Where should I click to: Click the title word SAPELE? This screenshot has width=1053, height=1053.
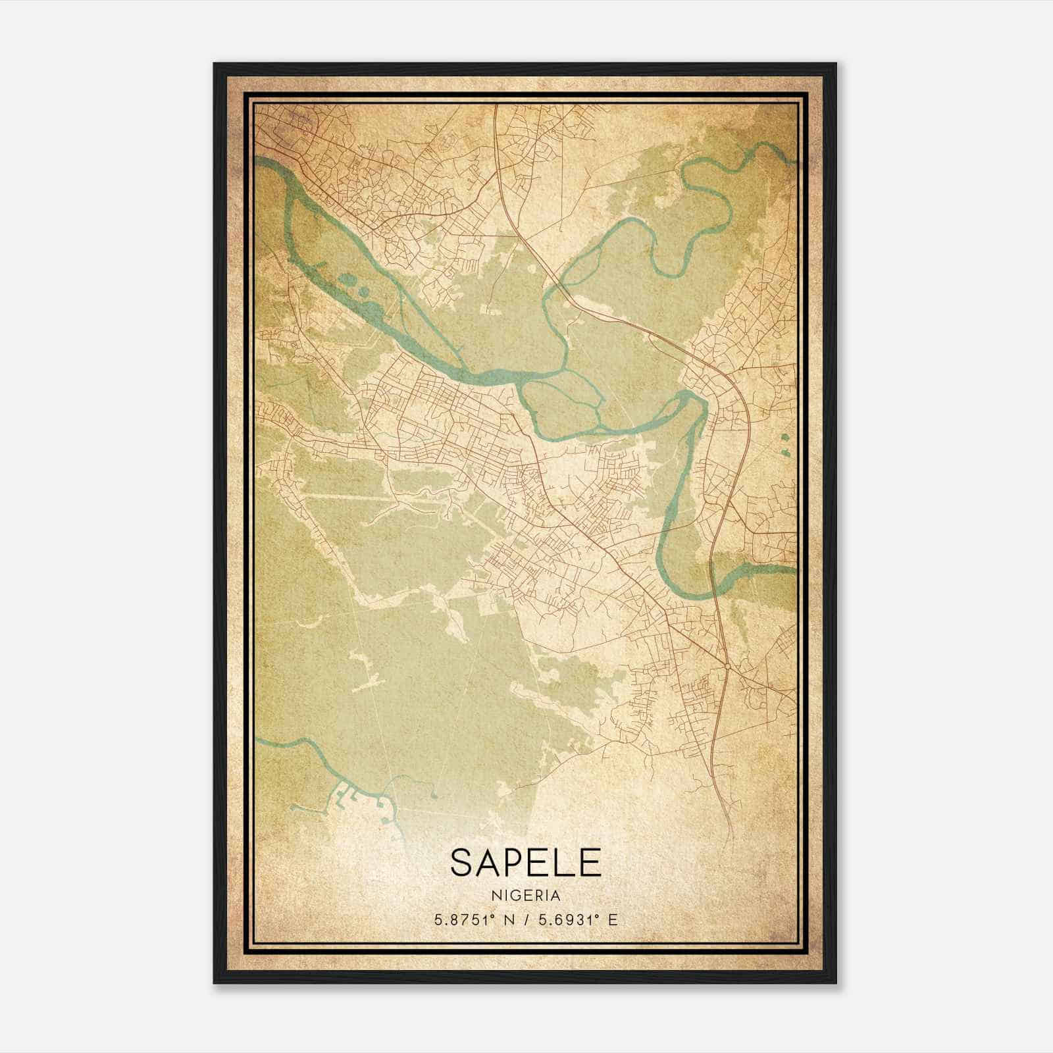(x=526, y=862)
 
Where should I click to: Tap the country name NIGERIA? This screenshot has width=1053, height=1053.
(x=526, y=896)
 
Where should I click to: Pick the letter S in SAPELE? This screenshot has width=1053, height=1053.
(x=461, y=862)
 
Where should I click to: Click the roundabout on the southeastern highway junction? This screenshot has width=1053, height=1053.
(x=727, y=667)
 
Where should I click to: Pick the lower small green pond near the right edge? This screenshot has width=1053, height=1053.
(x=786, y=452)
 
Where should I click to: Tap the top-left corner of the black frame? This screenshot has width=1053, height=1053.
(x=215, y=64)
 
